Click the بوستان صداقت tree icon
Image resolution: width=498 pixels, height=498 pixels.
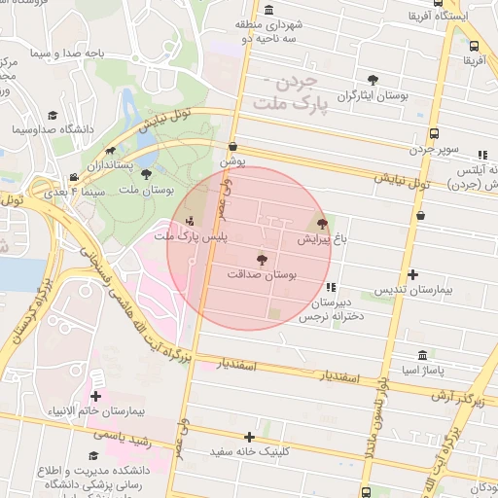pos(261,259)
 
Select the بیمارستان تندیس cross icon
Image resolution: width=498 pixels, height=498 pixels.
pos(415,274)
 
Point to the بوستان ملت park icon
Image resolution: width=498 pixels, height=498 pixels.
pos(146,174)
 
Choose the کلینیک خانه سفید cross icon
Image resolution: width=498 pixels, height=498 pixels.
pos(250,437)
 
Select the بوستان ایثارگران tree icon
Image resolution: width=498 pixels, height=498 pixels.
pos(373,80)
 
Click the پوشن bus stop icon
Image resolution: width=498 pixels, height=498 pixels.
pos(231,147)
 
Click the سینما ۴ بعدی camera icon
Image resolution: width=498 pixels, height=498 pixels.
pos(74,177)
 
